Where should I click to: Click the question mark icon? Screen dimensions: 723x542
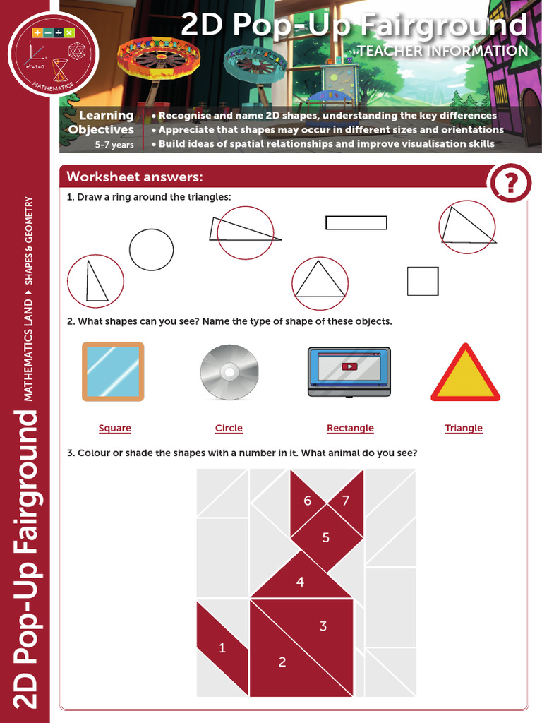[510, 184]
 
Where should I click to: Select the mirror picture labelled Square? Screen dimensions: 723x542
[113, 371]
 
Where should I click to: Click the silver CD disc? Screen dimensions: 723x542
[229, 372]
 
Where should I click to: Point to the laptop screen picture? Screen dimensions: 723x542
[349, 371]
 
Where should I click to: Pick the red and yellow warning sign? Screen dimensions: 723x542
[465, 374]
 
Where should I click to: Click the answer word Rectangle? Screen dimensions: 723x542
[350, 428]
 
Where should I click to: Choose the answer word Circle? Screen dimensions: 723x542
[229, 428]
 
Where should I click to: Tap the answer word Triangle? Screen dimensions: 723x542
[464, 428]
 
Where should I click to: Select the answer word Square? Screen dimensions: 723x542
[115, 428]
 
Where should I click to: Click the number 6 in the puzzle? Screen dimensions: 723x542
[308, 501]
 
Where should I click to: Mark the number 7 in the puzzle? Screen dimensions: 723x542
[345, 501]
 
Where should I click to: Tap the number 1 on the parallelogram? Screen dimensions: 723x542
[222, 647]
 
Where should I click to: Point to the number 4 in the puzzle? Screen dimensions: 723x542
[301, 582]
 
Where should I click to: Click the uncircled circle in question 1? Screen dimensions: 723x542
[151, 249]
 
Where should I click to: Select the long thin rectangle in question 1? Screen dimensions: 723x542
[356, 222]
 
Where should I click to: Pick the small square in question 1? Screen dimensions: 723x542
[423, 281]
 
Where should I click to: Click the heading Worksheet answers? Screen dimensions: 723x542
[135, 177]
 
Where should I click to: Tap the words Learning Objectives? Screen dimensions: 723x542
[102, 123]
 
